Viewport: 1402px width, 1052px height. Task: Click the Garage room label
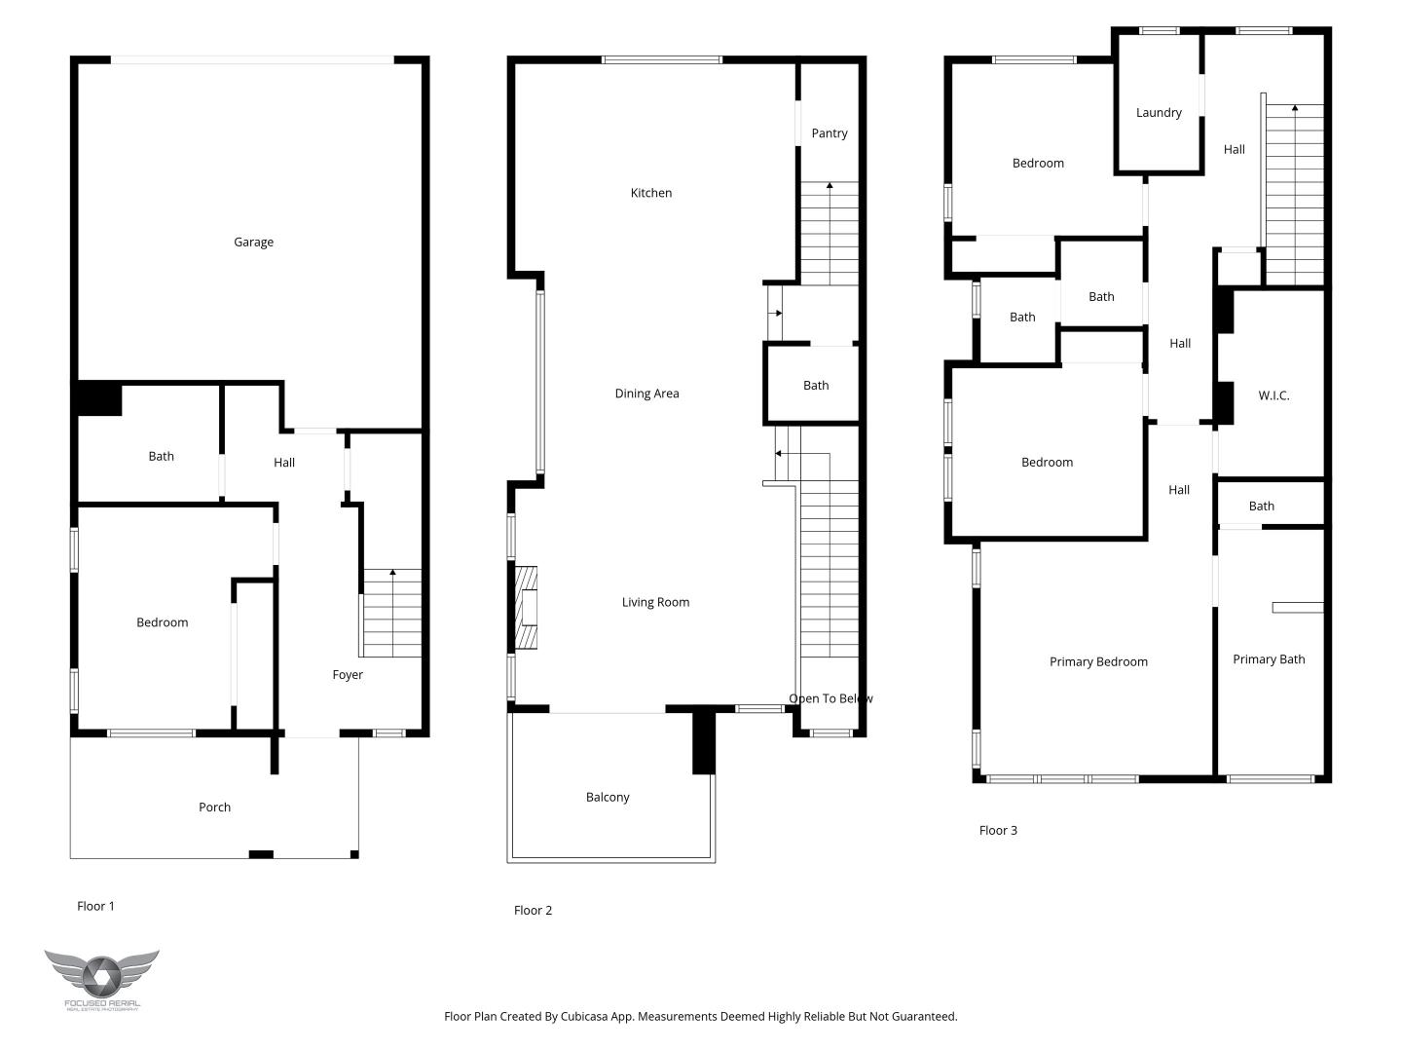click(253, 243)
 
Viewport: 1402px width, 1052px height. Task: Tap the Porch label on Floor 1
click(214, 808)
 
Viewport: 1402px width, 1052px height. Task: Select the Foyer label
click(348, 675)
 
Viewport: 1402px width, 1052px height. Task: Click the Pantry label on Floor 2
click(830, 133)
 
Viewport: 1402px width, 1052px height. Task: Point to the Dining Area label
click(646, 394)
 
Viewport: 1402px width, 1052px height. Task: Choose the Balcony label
click(608, 798)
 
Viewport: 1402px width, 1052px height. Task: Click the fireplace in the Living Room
click(527, 609)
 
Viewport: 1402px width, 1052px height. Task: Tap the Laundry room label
click(1159, 113)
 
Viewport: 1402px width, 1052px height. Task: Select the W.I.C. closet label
click(1273, 395)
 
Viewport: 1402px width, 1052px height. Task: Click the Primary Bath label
click(1269, 659)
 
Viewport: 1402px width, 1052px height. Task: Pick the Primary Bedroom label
click(1098, 662)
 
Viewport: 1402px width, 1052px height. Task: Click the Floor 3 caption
click(998, 831)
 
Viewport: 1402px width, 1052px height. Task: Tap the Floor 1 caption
click(95, 907)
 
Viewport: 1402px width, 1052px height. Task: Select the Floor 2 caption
click(533, 911)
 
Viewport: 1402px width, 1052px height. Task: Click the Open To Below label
click(830, 698)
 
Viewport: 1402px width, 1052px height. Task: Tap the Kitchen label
click(651, 193)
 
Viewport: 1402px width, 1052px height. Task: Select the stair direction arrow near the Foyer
click(392, 574)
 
